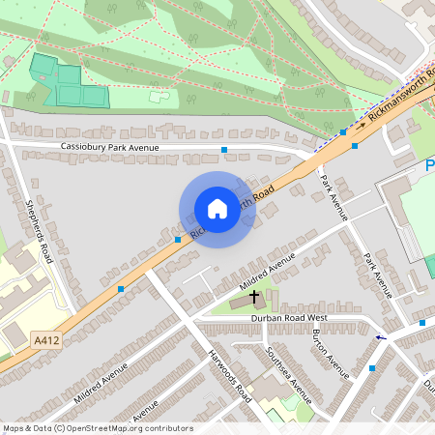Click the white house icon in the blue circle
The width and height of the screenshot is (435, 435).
(x=217, y=209)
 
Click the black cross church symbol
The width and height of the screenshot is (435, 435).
(x=254, y=295)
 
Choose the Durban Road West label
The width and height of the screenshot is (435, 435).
(x=290, y=318)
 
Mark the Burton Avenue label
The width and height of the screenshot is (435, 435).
(x=331, y=352)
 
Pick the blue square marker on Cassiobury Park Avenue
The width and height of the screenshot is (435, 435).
(x=225, y=150)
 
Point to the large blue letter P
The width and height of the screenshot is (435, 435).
(x=429, y=167)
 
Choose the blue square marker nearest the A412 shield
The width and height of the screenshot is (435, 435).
(x=120, y=288)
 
